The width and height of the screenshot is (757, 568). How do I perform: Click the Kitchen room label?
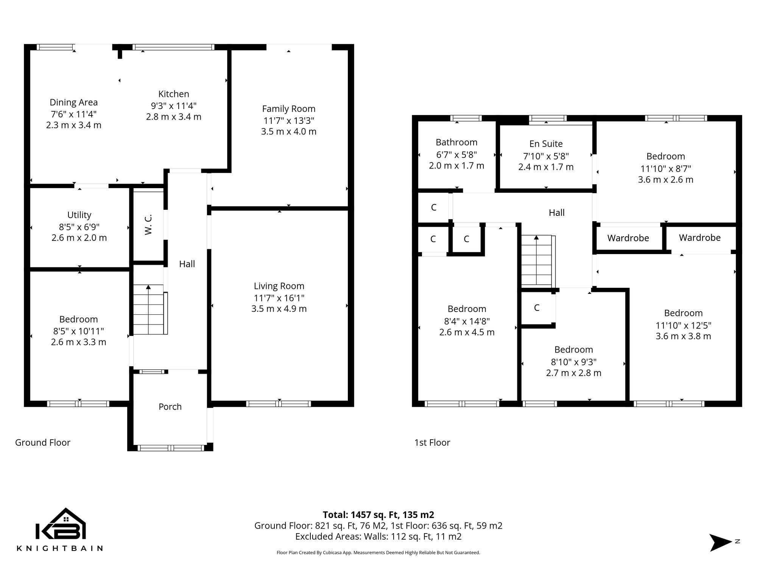pyautogui.click(x=173, y=94)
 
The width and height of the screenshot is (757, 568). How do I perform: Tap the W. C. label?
pyautogui.click(x=148, y=225)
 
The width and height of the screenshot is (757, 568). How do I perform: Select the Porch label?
pyautogui.click(x=170, y=407)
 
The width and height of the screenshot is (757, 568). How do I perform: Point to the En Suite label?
pyautogui.click(x=546, y=144)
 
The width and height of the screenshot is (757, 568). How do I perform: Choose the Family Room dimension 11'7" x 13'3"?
pyautogui.click(x=289, y=120)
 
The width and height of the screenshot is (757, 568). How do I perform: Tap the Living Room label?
pyautogui.click(x=279, y=286)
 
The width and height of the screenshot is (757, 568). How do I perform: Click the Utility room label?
pyautogui.click(x=79, y=215)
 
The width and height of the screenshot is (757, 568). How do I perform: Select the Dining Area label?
pyautogui.click(x=73, y=102)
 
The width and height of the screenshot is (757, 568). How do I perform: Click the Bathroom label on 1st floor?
pyautogui.click(x=456, y=142)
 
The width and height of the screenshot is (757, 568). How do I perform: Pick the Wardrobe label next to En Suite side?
pyautogui.click(x=628, y=238)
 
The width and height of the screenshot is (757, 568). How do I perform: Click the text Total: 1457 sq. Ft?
pyautogui.click(x=378, y=515)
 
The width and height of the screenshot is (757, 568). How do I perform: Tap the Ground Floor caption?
pyautogui.click(x=43, y=442)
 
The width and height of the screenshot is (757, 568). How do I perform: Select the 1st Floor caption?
pyautogui.click(x=432, y=442)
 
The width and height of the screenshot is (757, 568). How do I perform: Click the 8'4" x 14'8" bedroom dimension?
pyautogui.click(x=467, y=321)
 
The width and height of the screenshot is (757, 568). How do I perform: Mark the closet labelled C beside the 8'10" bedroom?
pyautogui.click(x=537, y=308)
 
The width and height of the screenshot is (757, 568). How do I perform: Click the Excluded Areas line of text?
pyautogui.click(x=378, y=537)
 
